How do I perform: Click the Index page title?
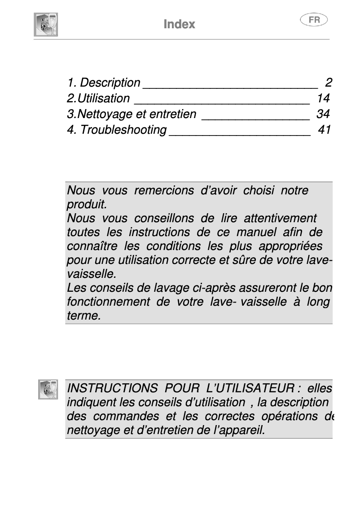click(180, 24)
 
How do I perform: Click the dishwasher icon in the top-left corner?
click(46, 24)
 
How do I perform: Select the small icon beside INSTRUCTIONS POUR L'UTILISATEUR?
click(48, 389)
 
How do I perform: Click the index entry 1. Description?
click(104, 83)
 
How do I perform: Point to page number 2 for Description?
click(329, 83)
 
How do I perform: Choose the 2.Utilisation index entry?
click(98, 98)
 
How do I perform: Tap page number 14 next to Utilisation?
click(323, 98)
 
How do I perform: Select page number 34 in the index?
click(323, 114)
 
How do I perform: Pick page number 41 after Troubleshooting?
click(324, 130)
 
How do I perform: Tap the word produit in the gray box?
click(86, 205)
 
